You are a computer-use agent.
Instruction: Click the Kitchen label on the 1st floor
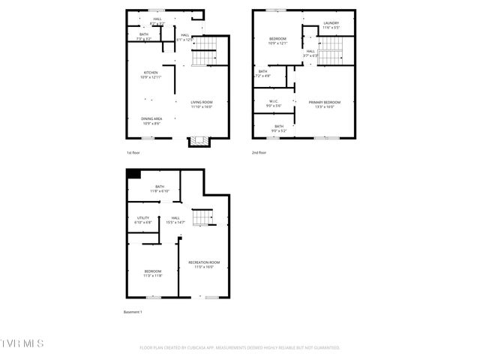coord(150,74)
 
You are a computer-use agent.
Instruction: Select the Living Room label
coord(201,104)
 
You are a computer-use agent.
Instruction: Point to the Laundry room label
coord(331,25)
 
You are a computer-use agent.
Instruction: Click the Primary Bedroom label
coord(325,104)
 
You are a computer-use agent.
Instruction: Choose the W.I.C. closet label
coord(273,104)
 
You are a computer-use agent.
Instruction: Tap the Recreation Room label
coord(204,264)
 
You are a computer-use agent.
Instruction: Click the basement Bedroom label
coord(153,273)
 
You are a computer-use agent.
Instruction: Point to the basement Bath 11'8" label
coord(160,188)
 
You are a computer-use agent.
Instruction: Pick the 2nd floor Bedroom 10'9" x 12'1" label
coord(277,41)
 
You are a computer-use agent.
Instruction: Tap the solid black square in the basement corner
coord(133,174)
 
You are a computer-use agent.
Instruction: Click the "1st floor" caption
coord(133,152)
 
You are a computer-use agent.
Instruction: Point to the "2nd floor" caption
coord(259,152)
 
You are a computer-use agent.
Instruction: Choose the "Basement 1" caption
coord(132,311)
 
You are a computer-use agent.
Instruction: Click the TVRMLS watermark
coord(22,343)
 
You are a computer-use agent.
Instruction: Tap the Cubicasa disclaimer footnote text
coord(240,348)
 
